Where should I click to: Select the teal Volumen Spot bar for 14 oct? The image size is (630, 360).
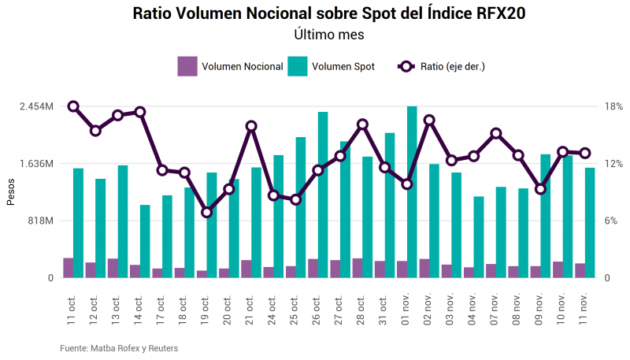(145, 241)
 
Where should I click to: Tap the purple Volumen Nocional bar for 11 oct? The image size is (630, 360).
(69, 268)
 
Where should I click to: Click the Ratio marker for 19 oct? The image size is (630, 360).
(207, 212)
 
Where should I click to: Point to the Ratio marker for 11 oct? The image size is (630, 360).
(73, 106)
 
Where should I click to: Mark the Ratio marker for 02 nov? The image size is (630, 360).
(429, 121)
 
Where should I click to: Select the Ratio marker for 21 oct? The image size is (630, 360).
(251, 126)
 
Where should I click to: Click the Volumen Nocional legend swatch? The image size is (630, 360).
(187, 66)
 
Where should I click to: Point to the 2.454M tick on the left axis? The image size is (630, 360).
(37, 106)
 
